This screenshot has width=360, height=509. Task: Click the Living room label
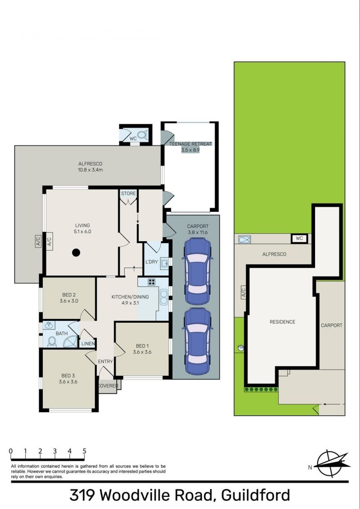[82, 228]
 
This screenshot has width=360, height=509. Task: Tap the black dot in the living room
[76, 252]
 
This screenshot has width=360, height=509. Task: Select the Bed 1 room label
[142, 349]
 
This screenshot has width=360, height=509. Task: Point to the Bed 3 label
[68, 379]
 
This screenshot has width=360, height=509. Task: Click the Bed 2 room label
[69, 297]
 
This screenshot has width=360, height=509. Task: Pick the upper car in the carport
[198, 271]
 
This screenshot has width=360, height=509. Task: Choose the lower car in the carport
[198, 341]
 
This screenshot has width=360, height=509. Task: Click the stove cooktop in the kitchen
[151, 282]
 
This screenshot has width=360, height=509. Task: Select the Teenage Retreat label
[190, 147]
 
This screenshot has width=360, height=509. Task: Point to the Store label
[128, 194]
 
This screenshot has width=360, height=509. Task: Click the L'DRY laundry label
[151, 262]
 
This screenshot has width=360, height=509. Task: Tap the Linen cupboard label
[88, 343]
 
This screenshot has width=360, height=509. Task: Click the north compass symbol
[332, 464]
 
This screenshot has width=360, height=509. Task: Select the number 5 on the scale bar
[85, 451]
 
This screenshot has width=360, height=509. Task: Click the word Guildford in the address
[256, 495]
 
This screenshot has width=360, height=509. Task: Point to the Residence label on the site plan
[283, 322]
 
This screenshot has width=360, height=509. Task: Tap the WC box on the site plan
[299, 239]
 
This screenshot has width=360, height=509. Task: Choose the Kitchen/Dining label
[130, 300]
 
